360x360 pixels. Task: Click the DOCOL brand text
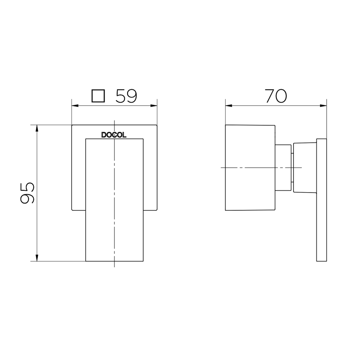[114, 135]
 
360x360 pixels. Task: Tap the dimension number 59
[126, 96]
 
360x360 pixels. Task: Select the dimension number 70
[276, 96]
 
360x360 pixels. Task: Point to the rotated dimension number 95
[27, 193]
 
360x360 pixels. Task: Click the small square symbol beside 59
[98, 96]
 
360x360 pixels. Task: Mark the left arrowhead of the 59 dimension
[75, 106]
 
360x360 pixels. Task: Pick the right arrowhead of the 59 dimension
[154, 106]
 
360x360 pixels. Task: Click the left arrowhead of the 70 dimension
[228, 106]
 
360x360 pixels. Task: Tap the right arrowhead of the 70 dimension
[323, 106]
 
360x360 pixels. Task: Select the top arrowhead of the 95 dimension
[37, 128]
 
